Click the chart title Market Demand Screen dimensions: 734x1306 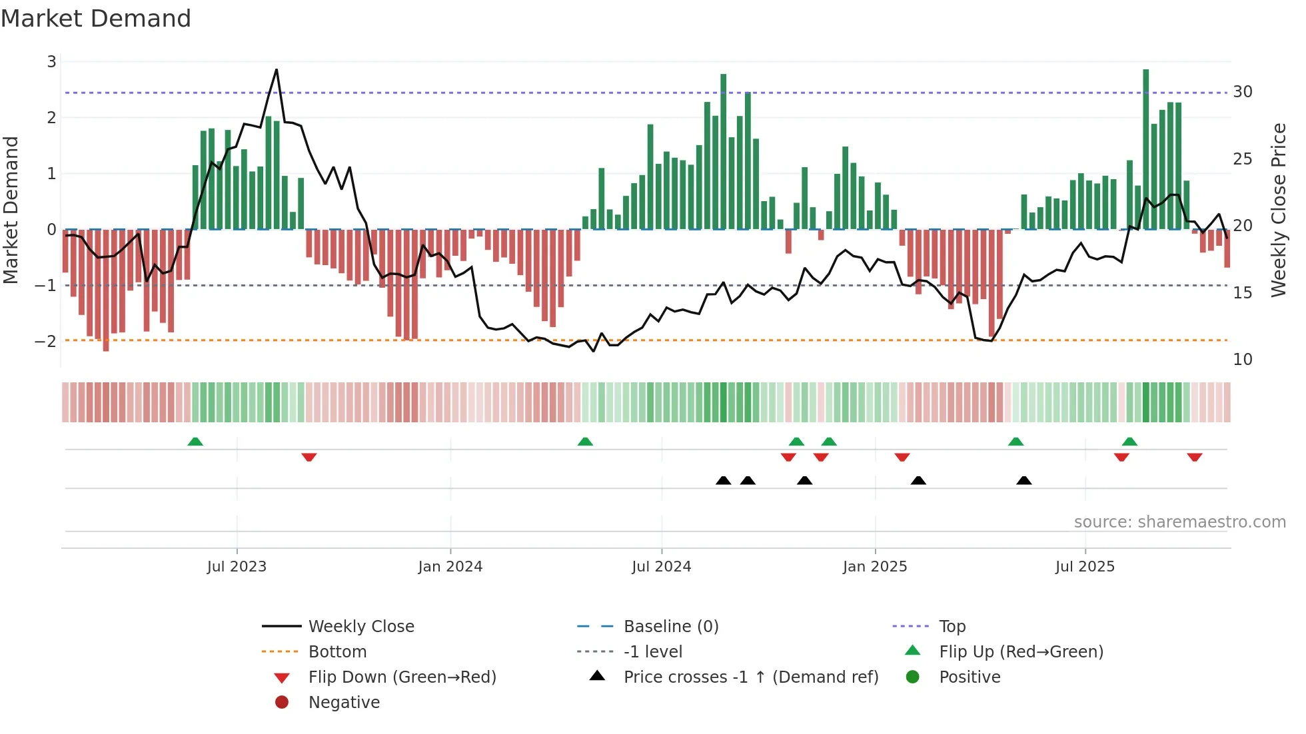pyautogui.click(x=96, y=19)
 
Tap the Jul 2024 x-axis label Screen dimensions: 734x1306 pyautogui.click(x=661, y=567)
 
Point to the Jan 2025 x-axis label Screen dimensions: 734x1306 pyautogui.click(x=874, y=567)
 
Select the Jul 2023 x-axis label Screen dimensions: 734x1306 pyautogui.click(x=237, y=567)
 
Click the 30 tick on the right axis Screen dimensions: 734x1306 pyautogui.click(x=1242, y=92)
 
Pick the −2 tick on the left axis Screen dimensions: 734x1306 pyautogui.click(x=46, y=342)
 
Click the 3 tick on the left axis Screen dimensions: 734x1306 pyautogui.click(x=51, y=62)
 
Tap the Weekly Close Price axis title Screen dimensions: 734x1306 pyautogui.click(x=1278, y=210)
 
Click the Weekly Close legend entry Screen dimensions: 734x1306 pyautogui.click(x=360, y=627)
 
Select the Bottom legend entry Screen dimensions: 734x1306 pyautogui.click(x=337, y=652)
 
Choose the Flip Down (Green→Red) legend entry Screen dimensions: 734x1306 pyautogui.click(x=402, y=677)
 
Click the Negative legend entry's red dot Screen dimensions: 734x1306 pyautogui.click(x=282, y=703)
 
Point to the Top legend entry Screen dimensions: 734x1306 pyautogui.click(x=952, y=627)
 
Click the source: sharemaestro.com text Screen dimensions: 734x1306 pyautogui.click(x=1179, y=522)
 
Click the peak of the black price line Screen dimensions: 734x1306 pyautogui.click(x=277, y=70)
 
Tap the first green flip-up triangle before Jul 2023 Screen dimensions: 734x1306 pyautogui.click(x=195, y=442)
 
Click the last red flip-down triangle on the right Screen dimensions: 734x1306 pyautogui.click(x=1194, y=458)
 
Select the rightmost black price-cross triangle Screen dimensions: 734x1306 pyautogui.click(x=1024, y=480)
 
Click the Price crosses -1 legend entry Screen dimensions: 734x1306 pyautogui.click(x=750, y=677)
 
